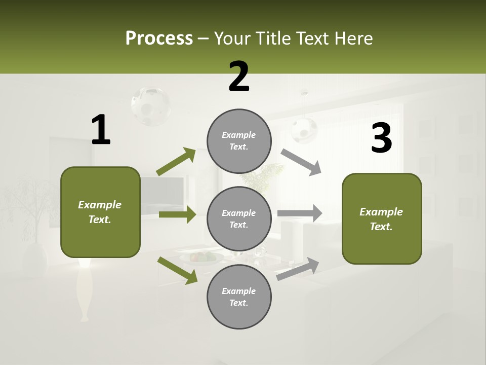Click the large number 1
pos(101,130)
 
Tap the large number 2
pos(239,77)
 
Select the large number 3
pos(381,138)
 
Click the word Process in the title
pos(159,38)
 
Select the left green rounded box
pos(100,212)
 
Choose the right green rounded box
pos(382,218)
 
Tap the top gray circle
pos(239,141)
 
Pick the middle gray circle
pos(239,218)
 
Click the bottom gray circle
pos(239,297)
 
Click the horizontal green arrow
pos(177,214)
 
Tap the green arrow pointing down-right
pos(178,270)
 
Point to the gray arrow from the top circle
pos(301,162)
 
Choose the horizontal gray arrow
pos(300,213)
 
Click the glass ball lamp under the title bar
pos(150,105)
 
